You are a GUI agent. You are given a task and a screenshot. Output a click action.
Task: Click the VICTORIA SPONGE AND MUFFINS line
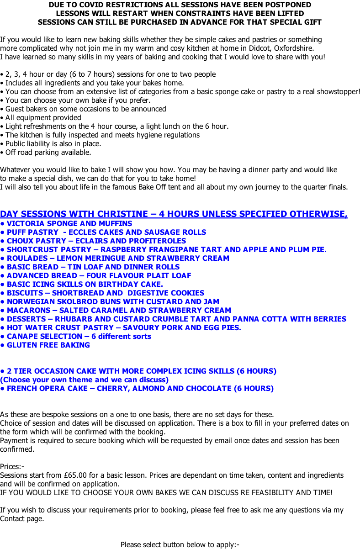[69, 223]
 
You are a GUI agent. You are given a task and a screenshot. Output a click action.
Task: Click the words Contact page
[22, 518]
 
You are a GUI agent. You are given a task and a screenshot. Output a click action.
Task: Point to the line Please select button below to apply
[180, 544]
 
